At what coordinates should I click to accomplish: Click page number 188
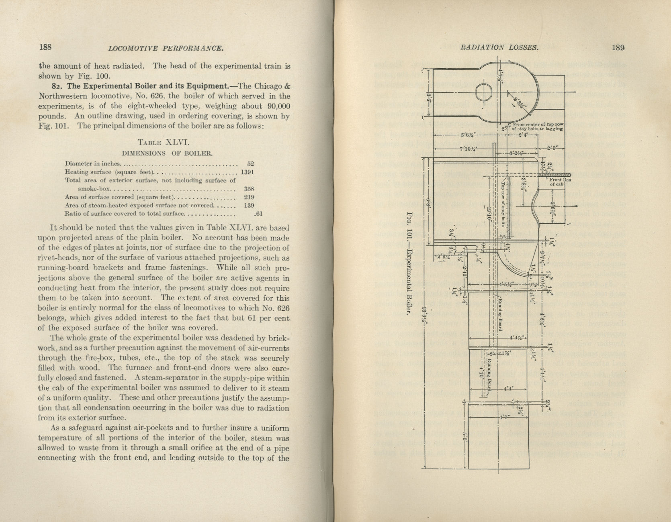point(45,47)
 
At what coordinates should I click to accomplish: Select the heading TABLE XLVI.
point(158,142)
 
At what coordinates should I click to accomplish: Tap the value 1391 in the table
point(247,172)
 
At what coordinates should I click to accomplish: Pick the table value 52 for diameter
point(250,163)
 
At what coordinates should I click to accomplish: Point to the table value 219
point(250,197)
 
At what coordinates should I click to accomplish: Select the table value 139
point(250,205)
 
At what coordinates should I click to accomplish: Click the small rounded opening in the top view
point(483,92)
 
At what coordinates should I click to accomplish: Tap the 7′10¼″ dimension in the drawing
point(468,149)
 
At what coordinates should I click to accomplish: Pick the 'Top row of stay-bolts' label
point(502,204)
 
